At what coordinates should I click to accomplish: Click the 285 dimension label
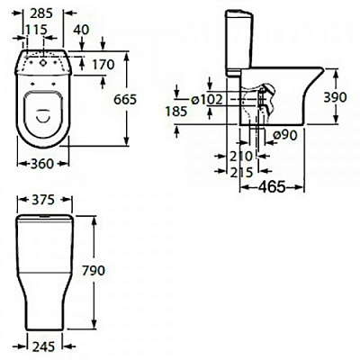[x=41, y=14]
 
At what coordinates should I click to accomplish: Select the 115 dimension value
[x=35, y=30]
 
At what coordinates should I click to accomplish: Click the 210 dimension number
[x=230, y=156]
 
